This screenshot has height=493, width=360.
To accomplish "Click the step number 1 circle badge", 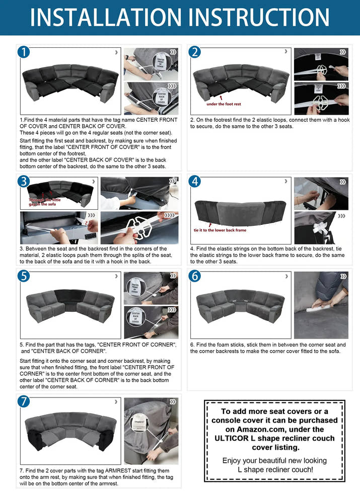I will (24, 52).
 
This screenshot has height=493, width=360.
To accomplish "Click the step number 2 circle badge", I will (195, 52).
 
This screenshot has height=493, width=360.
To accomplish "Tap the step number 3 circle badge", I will (24, 181).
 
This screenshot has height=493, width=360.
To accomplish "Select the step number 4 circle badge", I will (195, 181).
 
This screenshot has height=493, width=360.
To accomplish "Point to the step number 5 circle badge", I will (24, 276).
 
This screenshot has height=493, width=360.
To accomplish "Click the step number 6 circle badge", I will (195, 276).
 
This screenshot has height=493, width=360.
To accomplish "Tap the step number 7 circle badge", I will (24, 401).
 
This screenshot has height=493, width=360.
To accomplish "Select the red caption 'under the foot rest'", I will (224, 104).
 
